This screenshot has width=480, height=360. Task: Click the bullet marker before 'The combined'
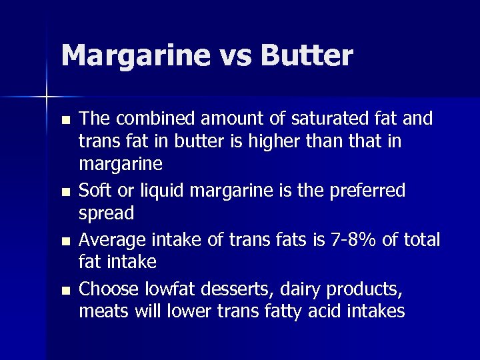tap(64, 121)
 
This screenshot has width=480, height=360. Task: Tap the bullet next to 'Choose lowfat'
tap(64, 290)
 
